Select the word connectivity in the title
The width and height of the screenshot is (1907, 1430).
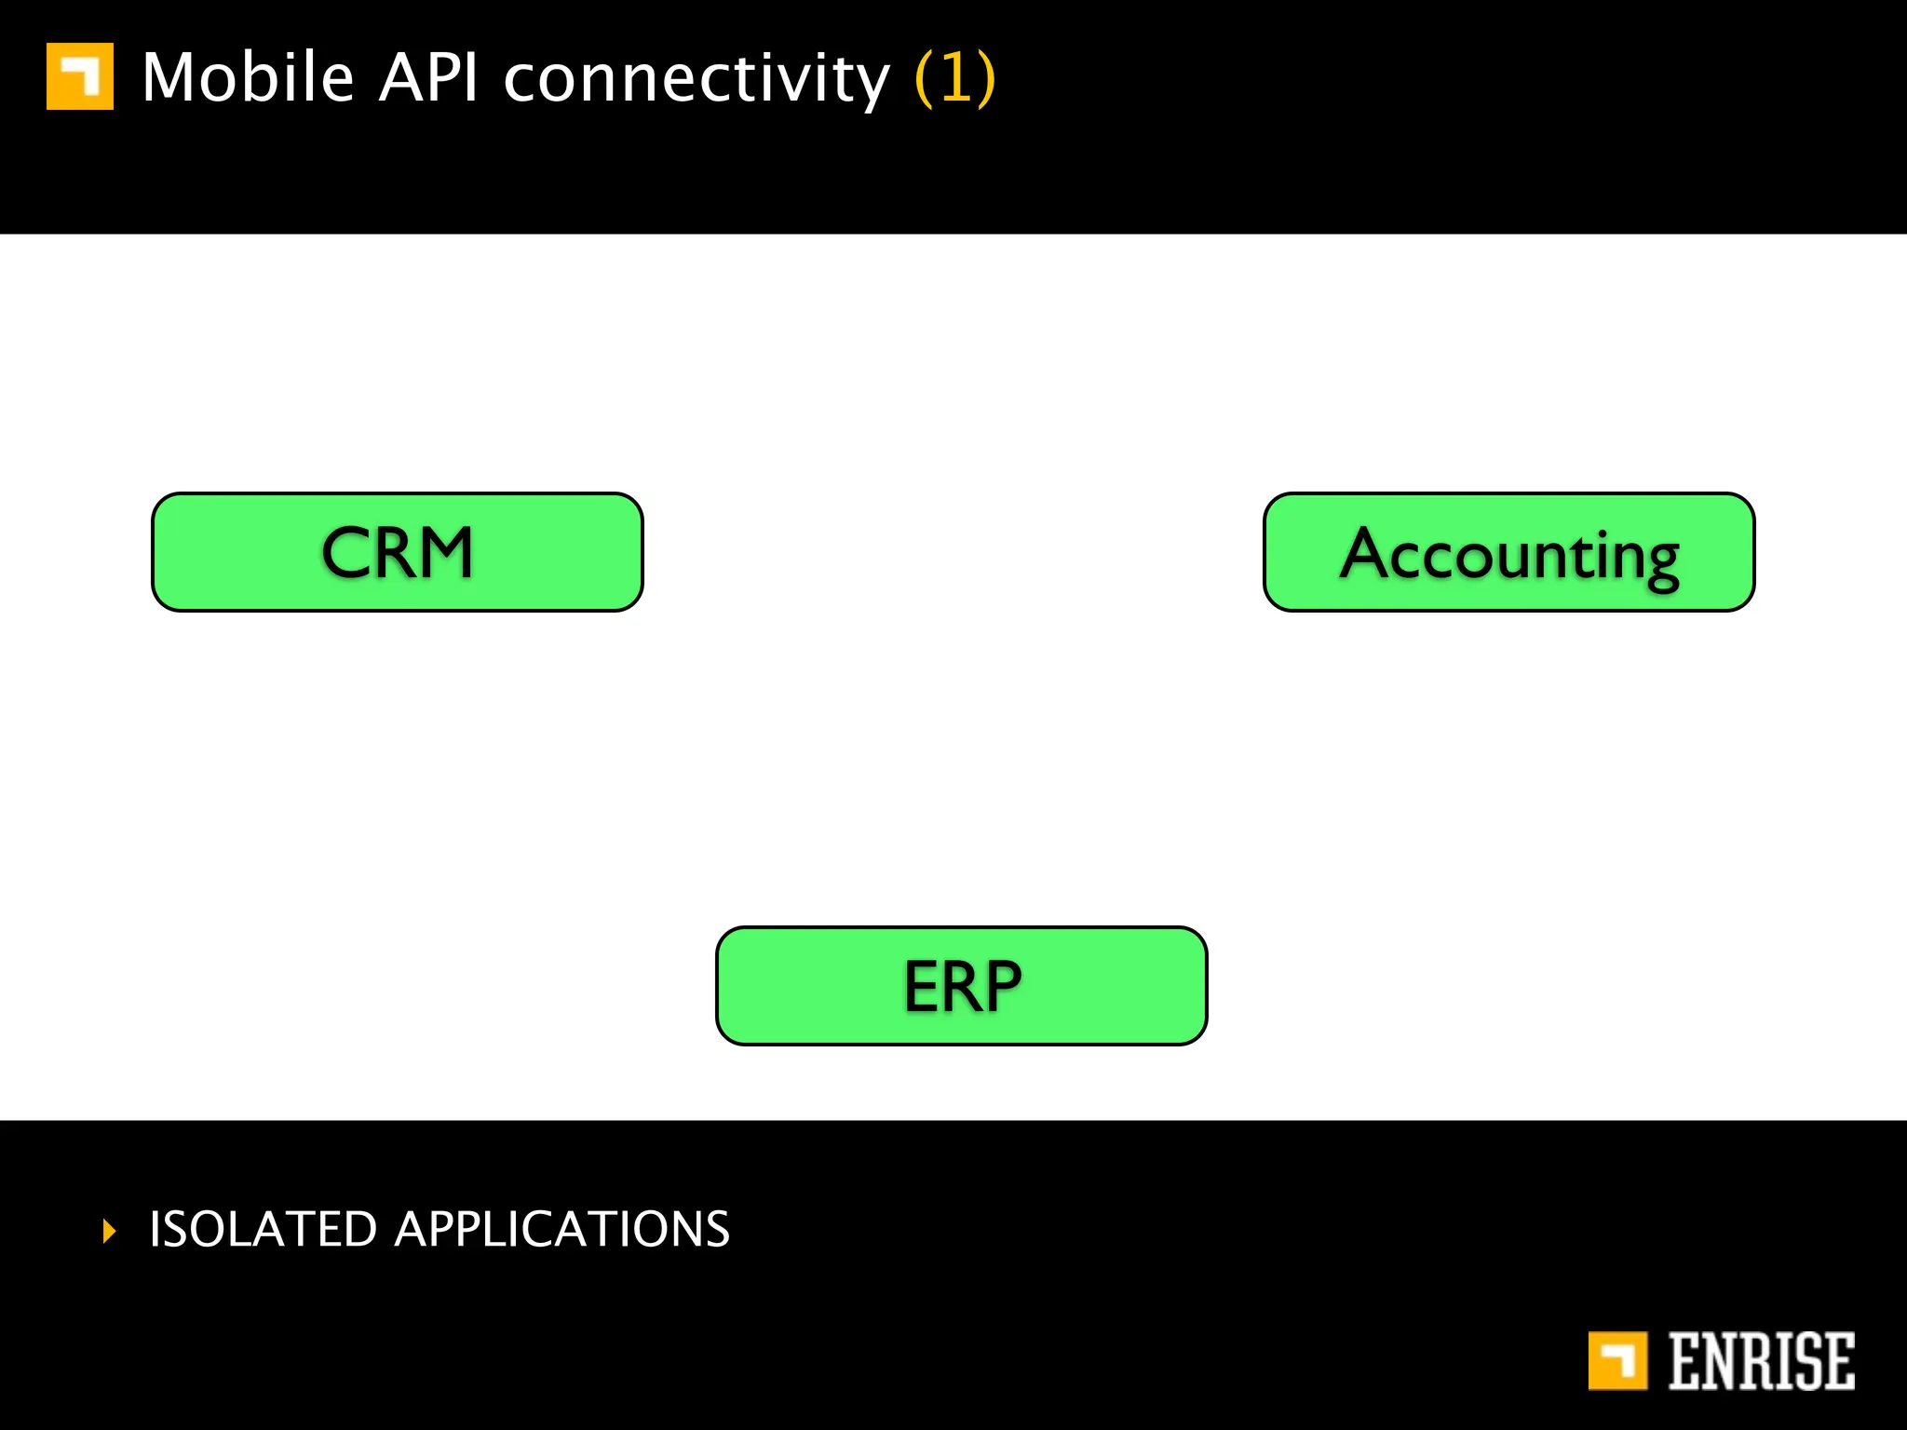click(x=697, y=79)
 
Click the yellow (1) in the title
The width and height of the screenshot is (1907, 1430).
click(x=955, y=79)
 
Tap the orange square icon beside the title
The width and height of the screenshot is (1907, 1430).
click(x=80, y=76)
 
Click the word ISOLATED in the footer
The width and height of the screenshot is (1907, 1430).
click(x=263, y=1229)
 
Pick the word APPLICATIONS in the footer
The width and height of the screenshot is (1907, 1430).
click(x=562, y=1229)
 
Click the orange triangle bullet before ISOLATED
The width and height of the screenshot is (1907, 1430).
click(x=110, y=1231)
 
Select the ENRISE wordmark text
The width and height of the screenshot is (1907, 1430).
click(x=1760, y=1361)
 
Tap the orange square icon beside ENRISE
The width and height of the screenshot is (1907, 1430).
click(x=1617, y=1361)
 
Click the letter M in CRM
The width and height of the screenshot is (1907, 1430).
click(x=440, y=553)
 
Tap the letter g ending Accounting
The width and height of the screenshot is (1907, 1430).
click(x=1658, y=561)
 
